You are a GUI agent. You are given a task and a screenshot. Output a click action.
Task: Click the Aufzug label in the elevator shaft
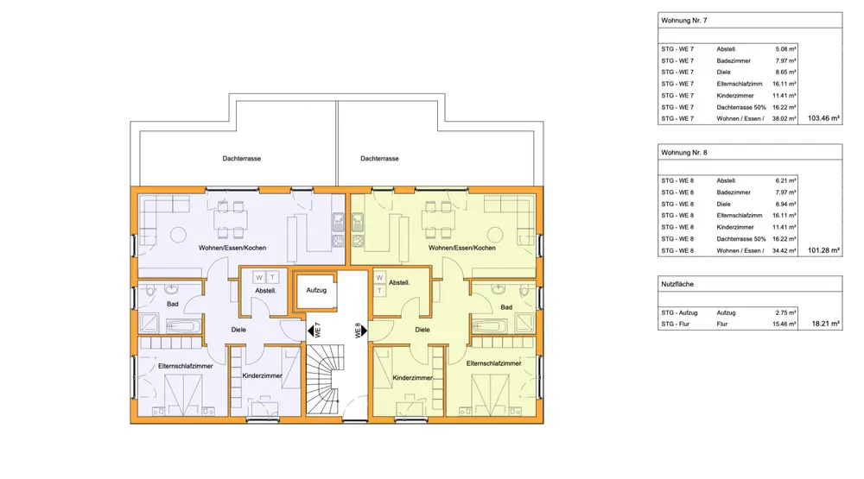pos(316,290)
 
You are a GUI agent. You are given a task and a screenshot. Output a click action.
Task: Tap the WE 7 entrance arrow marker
pos(311,331)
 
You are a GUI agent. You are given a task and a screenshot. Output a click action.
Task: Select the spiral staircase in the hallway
pos(325,380)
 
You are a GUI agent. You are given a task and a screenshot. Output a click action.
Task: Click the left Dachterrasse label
pos(241,159)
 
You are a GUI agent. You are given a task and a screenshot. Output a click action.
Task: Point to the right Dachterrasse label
pos(379,159)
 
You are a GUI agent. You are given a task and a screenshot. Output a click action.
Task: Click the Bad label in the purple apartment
pos(173,304)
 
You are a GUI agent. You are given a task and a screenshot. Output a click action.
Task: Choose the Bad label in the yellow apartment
pos(506,307)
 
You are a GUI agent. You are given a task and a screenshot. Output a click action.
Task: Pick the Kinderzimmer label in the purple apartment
pos(263,375)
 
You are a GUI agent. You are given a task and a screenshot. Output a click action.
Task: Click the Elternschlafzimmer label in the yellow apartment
pos(493,363)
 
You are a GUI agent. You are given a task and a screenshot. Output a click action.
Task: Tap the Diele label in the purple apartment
pos(238,330)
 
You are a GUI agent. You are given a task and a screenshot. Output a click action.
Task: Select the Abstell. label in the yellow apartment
pos(399,282)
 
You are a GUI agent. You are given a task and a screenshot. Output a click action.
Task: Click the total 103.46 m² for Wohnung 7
pos(823,118)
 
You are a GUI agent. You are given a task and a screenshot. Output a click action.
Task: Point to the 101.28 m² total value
pos(823,250)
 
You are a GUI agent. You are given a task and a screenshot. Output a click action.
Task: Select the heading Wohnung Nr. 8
pos(683,153)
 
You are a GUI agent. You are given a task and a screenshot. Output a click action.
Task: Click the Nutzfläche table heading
pos(677,284)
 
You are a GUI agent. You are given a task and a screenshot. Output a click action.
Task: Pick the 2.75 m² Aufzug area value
pos(785,312)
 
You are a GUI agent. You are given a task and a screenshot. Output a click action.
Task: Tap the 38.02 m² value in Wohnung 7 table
pos(785,118)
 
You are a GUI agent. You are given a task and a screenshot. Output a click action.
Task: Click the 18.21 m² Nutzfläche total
pos(826,324)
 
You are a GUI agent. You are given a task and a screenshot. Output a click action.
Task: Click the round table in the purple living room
pos(178,235)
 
